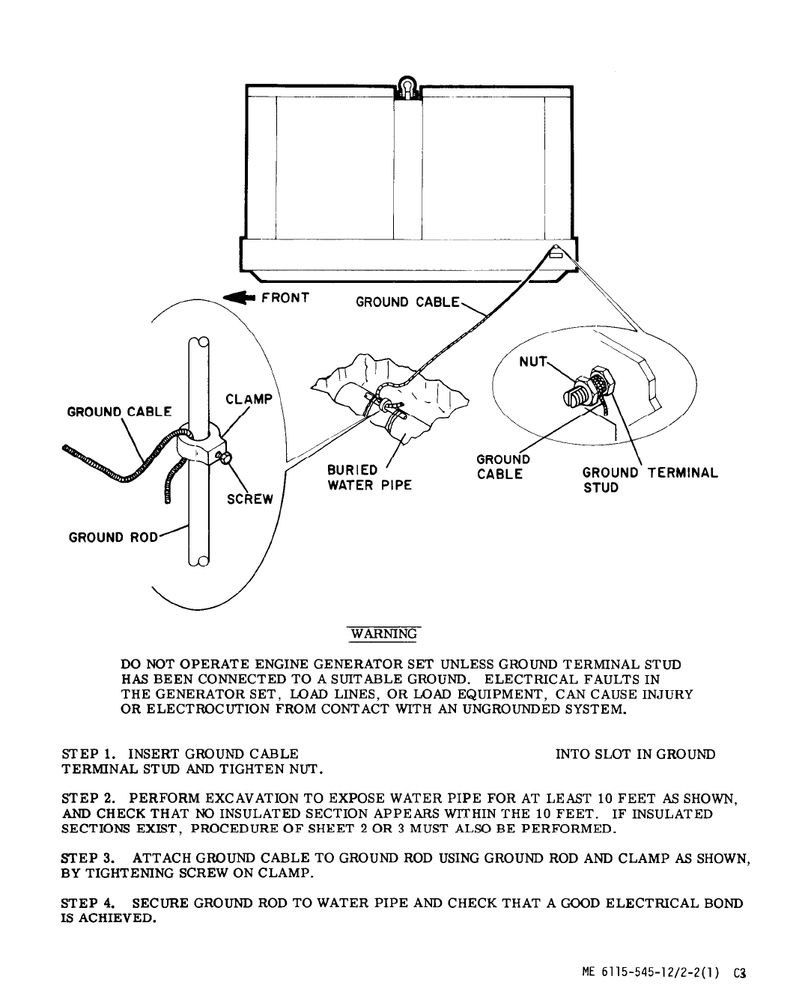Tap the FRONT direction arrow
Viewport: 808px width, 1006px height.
coord(240,299)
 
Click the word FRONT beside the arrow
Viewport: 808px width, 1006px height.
coord(285,297)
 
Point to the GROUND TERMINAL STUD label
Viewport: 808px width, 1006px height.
coord(650,480)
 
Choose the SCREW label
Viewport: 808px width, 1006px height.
coord(251,500)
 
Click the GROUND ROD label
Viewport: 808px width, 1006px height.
coord(113,537)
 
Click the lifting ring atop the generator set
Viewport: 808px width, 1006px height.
coord(407,86)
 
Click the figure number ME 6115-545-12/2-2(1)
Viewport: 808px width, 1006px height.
coord(651,974)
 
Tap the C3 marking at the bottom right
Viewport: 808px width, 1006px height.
coord(741,974)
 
